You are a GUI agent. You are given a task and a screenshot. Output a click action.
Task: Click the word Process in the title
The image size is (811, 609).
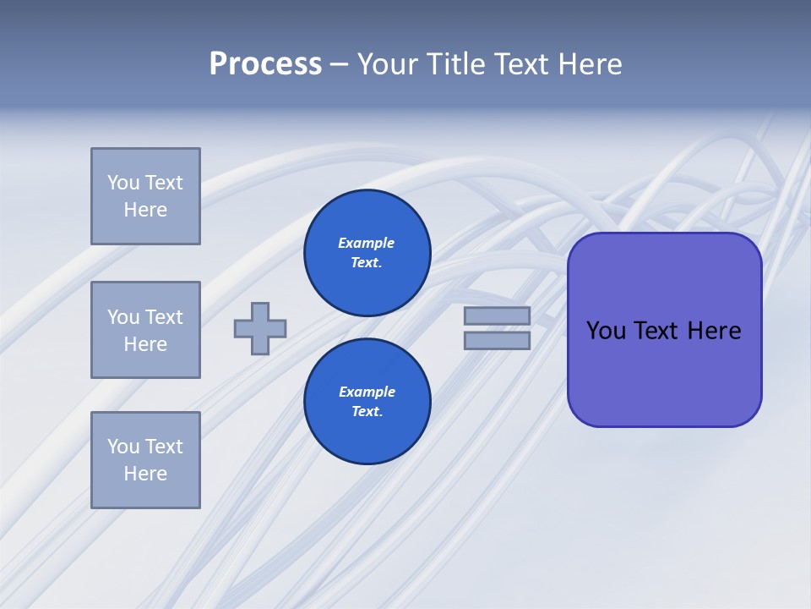click(x=265, y=64)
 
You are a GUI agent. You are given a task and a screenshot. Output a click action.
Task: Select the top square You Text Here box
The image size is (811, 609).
click(x=145, y=196)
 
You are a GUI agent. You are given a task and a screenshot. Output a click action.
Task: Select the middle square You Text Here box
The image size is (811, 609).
click(x=145, y=330)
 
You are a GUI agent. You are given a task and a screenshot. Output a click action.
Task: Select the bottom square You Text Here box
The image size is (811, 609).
click(x=145, y=460)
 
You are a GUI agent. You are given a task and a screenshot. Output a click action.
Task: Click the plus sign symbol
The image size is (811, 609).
click(x=260, y=328)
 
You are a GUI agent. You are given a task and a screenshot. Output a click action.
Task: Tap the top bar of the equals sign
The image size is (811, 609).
click(x=497, y=315)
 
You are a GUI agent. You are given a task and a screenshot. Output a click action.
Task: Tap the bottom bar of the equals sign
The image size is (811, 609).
click(x=497, y=341)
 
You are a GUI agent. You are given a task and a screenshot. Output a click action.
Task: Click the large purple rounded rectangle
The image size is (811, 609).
click(x=664, y=372)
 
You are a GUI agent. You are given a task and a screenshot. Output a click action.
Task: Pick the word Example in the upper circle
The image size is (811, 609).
click(x=366, y=243)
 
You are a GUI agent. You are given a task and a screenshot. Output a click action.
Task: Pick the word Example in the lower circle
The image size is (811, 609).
click(x=367, y=392)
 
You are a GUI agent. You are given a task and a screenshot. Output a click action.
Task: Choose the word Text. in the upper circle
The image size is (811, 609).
click(x=367, y=262)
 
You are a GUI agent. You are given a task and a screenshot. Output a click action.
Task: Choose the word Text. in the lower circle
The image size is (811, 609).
click(x=367, y=411)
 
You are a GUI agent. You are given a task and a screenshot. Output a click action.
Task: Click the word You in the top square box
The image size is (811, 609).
click(x=122, y=183)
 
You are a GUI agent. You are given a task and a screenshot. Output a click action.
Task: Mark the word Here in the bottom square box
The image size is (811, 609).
click(x=145, y=474)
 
